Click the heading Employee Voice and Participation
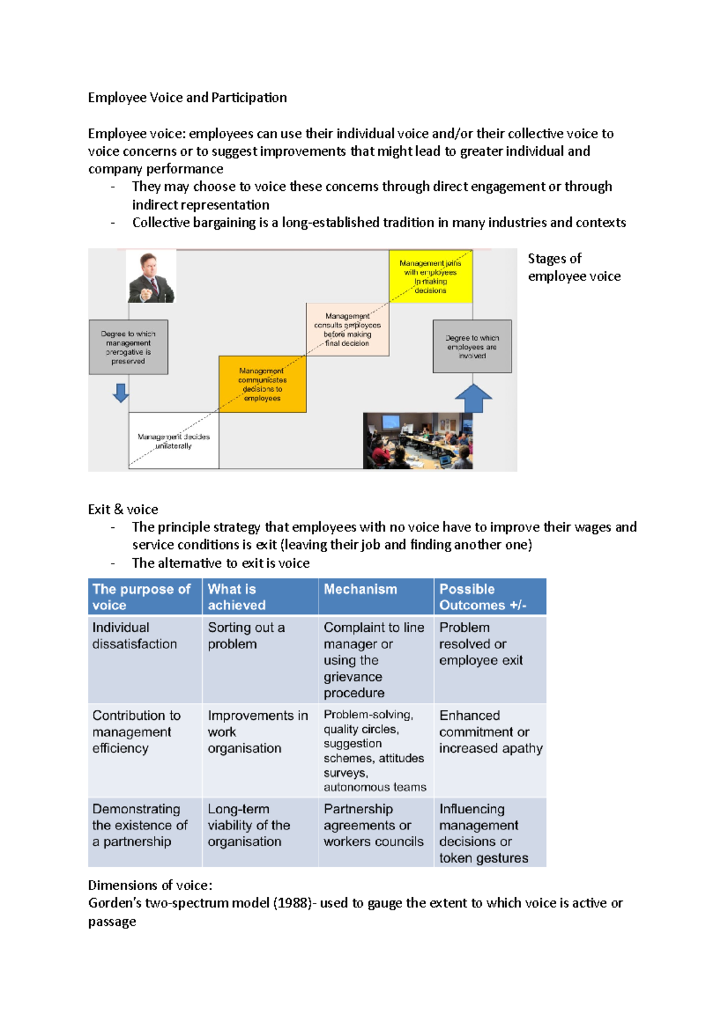187,98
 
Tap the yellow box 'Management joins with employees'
430,276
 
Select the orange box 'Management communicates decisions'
262,384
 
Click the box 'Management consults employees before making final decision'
347,329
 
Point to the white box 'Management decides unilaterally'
174,441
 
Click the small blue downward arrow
121,393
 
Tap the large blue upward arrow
473,398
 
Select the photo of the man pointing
151,277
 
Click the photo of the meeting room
417,441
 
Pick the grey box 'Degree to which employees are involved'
472,347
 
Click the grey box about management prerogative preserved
128,347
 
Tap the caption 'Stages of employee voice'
573,267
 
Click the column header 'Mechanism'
360,589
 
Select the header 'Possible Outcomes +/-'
482,597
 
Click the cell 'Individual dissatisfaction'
134,636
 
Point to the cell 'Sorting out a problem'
246,636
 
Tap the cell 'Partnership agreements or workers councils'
373,825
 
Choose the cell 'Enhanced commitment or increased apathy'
490,731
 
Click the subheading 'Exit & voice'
123,509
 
